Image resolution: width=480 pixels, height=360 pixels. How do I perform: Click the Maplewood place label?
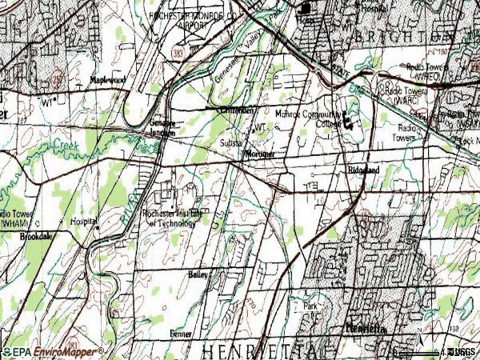point(108,80)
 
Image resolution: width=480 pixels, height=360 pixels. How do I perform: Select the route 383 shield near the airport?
point(174,53)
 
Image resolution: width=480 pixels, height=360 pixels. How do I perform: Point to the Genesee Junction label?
point(166,128)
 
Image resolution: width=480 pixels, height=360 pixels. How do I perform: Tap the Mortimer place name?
point(261,153)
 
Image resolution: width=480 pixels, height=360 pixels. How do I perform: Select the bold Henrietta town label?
point(366,328)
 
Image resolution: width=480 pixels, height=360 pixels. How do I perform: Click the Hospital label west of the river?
point(84,220)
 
